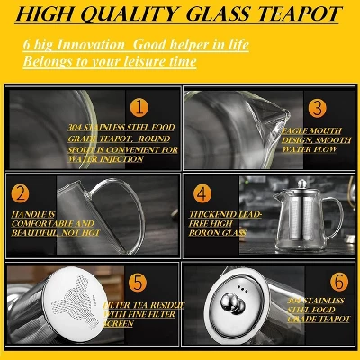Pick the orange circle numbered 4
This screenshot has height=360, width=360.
click(202, 193)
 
